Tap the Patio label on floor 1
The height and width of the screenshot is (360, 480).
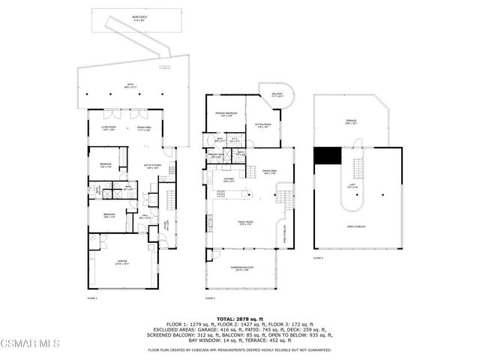point(130,87)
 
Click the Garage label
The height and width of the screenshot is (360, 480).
point(122,262)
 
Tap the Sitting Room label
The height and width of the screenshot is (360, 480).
point(262,126)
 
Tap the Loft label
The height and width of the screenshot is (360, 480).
point(351,186)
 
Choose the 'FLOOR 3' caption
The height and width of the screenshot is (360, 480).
point(318,258)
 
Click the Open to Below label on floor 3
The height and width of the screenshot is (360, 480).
point(356,227)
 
